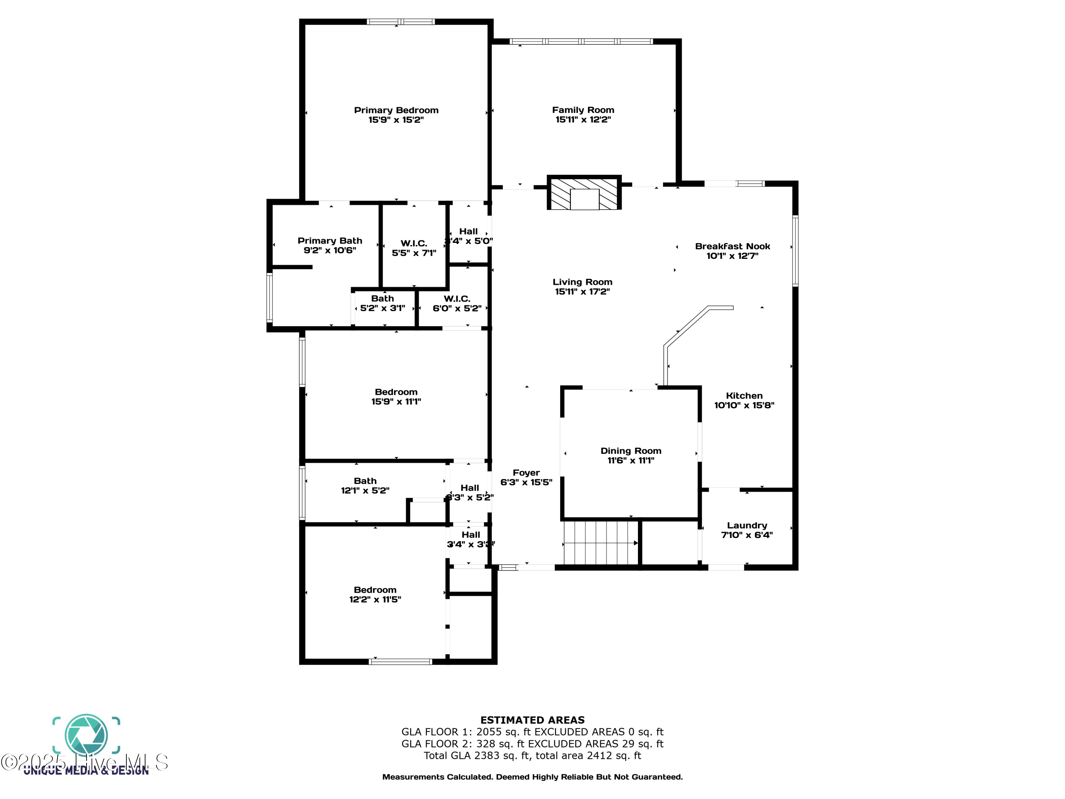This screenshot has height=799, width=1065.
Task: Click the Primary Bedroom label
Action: point(396,110)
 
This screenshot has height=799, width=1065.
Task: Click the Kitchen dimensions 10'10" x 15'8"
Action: point(744,406)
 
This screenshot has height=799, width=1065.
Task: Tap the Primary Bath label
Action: point(329,240)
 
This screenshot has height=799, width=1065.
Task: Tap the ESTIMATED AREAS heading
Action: point(532,720)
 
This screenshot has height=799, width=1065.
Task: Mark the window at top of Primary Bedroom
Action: point(400,22)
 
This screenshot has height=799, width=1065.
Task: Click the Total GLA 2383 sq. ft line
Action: point(532,756)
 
